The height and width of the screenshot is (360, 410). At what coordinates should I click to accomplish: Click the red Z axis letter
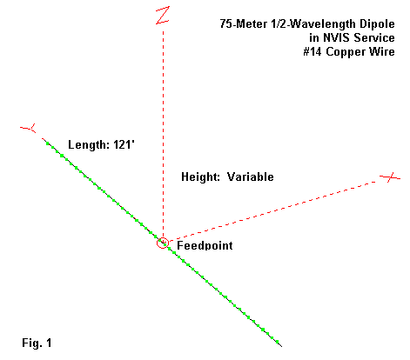(163, 16)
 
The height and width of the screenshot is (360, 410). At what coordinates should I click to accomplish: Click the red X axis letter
(391, 177)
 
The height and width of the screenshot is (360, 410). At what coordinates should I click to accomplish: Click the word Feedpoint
(205, 245)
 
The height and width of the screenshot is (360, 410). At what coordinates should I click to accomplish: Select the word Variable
(251, 177)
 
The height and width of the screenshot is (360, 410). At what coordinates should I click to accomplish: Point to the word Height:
(200, 177)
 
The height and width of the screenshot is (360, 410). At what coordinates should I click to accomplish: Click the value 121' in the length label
(124, 144)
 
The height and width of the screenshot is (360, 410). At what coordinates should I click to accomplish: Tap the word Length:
(89, 144)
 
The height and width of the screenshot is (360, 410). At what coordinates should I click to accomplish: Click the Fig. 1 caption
(37, 343)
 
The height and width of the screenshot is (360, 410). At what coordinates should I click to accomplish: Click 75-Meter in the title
(243, 23)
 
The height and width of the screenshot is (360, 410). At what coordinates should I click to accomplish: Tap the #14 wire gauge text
(313, 52)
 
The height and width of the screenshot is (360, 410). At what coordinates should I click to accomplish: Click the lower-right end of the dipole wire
(282, 346)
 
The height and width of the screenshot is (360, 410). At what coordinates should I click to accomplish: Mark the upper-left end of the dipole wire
(43, 138)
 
